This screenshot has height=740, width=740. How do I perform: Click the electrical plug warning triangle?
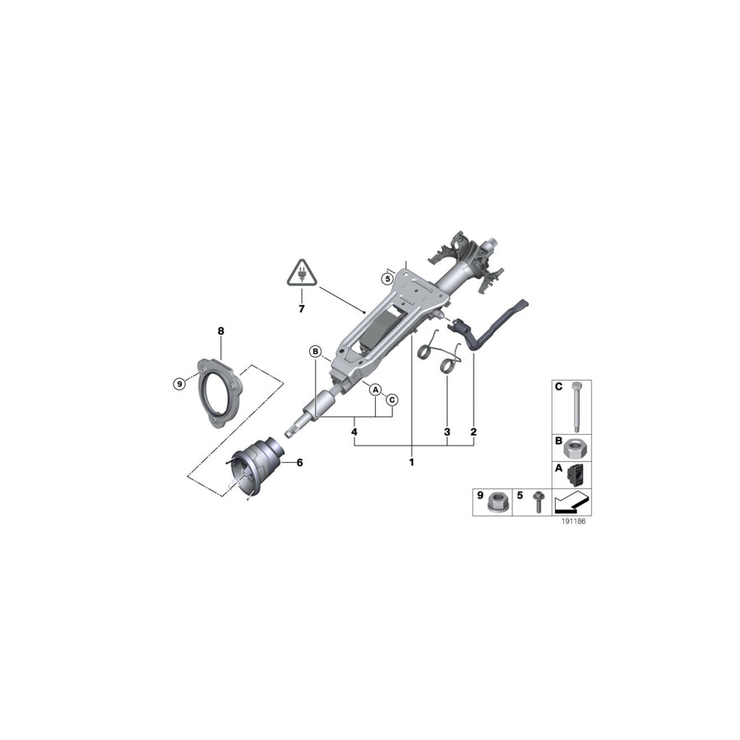pos(302,272)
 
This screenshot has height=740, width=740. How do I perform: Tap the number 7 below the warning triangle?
pos(302,309)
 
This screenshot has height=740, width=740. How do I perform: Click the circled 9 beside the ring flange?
pos(180,383)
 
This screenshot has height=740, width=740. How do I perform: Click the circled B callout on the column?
pos(315,352)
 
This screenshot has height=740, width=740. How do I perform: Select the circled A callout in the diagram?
pos(374,389)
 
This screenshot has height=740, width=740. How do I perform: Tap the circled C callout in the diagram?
pos(392,400)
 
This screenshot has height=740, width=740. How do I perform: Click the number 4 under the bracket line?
pos(354,431)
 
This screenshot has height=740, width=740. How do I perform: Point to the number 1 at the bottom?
pos(411,462)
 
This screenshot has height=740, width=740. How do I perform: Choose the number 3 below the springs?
pos(446,431)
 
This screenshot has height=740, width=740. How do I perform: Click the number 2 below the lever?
pos(474,431)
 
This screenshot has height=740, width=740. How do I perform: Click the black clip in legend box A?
pos(578,474)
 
